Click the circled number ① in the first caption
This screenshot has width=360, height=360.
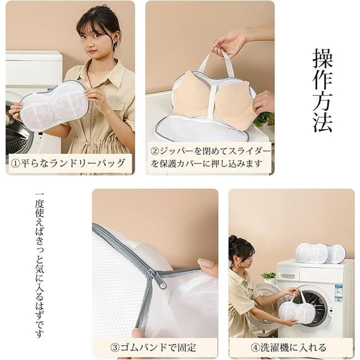click(x=16, y=163)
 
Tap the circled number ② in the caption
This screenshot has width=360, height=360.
click(x=155, y=151)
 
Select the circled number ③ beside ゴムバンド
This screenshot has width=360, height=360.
click(x=115, y=347)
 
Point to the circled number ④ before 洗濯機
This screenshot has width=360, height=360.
click(x=255, y=347)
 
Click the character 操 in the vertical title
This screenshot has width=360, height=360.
click(x=322, y=58)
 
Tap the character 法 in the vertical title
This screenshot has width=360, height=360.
click(x=322, y=121)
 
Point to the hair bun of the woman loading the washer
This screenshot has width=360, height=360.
click(x=233, y=239)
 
